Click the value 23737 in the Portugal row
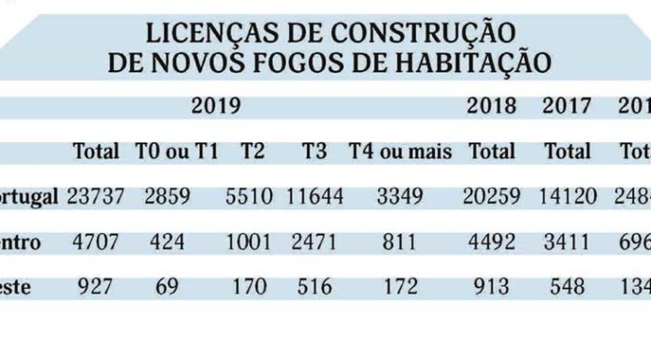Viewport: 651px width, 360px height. coord(94,196)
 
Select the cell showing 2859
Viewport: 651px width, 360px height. coord(166,196)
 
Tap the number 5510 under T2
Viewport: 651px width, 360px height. coord(250,196)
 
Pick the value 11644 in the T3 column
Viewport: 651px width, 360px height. coord(314,196)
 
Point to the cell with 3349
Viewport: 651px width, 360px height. coord(400,196)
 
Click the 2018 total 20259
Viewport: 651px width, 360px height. coord(492,196)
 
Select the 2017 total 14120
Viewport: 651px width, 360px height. coord(568,196)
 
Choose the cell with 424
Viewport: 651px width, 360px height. coord(166,242)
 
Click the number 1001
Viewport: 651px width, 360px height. coord(250,242)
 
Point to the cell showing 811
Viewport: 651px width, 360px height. coord(400,242)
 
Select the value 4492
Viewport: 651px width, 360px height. coord(492,242)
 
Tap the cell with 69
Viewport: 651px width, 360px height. coord(166,286)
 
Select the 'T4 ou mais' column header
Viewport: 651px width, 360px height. coord(400,151)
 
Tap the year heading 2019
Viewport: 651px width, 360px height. coord(216,105)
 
